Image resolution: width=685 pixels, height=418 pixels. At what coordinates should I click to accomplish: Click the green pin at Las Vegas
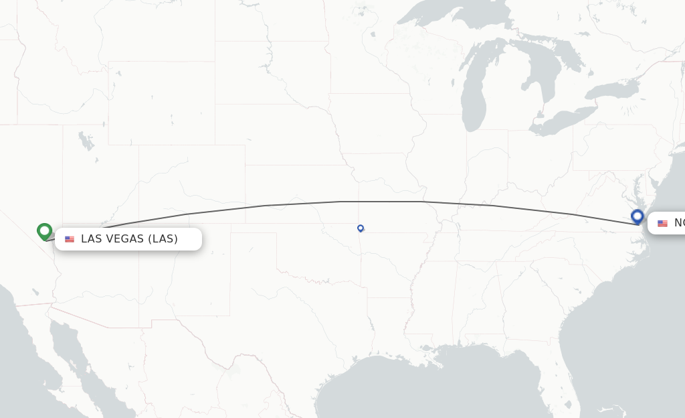[x=45, y=231]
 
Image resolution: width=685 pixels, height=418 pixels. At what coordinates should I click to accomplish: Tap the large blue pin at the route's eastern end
[x=637, y=216]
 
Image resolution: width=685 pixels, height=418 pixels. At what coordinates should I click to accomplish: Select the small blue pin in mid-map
[x=361, y=228]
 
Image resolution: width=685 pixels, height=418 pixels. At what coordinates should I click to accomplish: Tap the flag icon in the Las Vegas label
[x=70, y=239]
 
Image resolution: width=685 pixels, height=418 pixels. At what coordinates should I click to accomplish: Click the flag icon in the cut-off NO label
[x=662, y=223]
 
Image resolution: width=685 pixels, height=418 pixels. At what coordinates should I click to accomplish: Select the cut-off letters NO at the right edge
[x=678, y=223]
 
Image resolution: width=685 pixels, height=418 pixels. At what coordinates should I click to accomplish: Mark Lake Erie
[x=562, y=121]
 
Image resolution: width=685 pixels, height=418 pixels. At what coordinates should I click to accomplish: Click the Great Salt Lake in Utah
[x=86, y=142]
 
